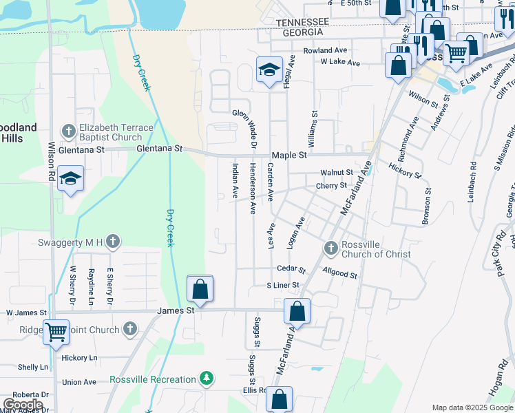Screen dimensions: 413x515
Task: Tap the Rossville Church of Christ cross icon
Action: [330, 247]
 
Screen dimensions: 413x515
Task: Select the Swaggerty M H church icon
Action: [114, 241]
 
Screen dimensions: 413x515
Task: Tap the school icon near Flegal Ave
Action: [269, 69]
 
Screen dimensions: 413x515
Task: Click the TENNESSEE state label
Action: [299, 23]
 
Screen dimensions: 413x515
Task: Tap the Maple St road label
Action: [289, 156]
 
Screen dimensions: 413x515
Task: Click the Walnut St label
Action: [336, 173]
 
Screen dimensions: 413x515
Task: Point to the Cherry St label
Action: [331, 186]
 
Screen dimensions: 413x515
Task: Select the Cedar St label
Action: [291, 268]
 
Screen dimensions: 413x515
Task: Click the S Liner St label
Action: [283, 285]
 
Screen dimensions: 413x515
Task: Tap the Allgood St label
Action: [339, 275]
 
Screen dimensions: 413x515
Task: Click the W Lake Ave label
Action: [340, 63]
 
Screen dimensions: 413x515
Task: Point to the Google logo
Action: [23, 405]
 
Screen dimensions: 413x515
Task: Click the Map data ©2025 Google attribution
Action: [472, 407]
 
